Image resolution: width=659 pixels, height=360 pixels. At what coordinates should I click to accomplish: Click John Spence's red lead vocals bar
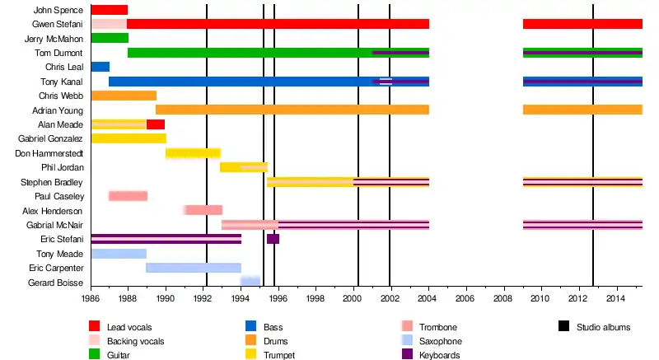109,10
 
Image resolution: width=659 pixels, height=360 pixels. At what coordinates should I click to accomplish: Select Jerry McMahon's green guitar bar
110,38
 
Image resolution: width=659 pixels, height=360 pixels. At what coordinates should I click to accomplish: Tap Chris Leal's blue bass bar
100,67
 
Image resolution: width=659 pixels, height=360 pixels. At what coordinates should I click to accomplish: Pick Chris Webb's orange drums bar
124,96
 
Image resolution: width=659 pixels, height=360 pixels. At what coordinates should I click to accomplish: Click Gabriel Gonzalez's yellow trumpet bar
128,138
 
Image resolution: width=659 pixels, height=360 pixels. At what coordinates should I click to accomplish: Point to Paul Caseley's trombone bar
128,196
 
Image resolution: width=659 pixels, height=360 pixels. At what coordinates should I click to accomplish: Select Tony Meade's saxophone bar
119,254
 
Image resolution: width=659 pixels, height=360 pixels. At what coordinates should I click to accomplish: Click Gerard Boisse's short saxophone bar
250,282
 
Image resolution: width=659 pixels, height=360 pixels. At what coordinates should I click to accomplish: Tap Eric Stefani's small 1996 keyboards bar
273,239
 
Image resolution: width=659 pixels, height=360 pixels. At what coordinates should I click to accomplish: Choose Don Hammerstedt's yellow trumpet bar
193,153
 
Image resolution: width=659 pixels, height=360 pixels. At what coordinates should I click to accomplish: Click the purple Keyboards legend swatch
409,355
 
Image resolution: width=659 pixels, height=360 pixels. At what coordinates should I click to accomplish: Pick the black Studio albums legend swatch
565,327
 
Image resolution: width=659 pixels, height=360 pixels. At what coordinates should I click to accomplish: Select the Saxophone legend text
441,341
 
